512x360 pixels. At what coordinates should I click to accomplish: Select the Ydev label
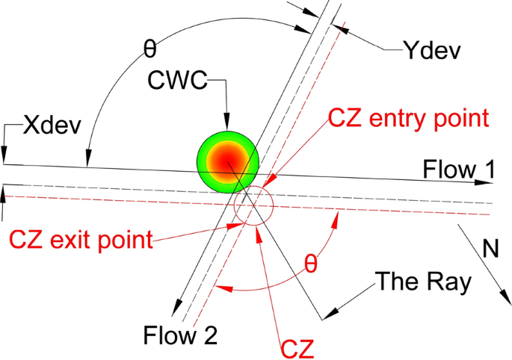coord(433,51)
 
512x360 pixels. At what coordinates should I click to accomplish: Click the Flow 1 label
coord(457,169)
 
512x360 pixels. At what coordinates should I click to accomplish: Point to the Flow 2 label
coord(182,335)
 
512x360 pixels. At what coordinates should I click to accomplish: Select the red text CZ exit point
coord(81,240)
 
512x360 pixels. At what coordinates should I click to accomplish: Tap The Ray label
coord(424,282)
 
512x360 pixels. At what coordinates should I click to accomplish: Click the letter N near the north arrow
coord(490,249)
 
